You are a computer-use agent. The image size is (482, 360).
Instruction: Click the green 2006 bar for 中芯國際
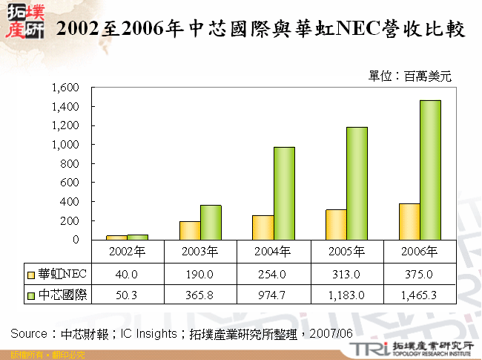(x=430, y=170)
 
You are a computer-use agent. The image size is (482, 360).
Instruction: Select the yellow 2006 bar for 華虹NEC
(x=409, y=221)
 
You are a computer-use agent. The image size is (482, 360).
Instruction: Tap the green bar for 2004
(x=284, y=193)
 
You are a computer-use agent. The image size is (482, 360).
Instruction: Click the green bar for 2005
(x=357, y=183)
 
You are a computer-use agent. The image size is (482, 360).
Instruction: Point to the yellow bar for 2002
(x=116, y=238)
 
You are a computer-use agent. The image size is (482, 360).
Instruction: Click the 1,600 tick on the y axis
(x=65, y=87)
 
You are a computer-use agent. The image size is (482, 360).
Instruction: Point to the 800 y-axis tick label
(x=70, y=163)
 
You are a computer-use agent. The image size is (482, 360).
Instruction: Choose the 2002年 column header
(x=127, y=250)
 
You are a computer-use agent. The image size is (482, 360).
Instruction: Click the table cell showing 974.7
(x=274, y=295)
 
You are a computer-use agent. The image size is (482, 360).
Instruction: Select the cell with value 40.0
(x=127, y=274)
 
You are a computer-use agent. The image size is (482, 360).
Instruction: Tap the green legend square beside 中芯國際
(x=30, y=295)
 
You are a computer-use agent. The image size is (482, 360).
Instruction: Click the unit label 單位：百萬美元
(x=409, y=75)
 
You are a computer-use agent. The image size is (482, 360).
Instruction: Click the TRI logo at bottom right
(x=369, y=349)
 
